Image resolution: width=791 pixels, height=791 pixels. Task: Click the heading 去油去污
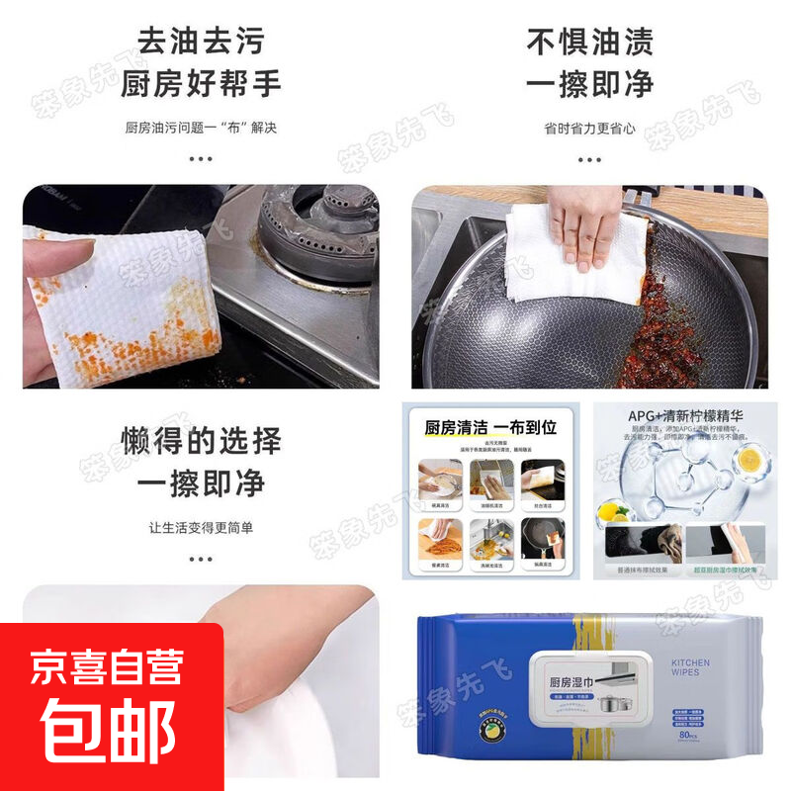click(201, 43)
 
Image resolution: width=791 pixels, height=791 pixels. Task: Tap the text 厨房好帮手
click(201, 84)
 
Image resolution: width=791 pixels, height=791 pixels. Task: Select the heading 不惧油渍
click(589, 43)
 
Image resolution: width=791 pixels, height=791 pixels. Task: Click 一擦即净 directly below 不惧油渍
click(589, 84)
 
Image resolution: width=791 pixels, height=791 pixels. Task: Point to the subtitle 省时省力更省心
click(589, 129)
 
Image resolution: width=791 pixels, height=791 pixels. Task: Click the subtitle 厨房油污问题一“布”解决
click(201, 129)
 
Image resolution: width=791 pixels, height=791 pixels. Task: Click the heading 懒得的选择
click(201, 440)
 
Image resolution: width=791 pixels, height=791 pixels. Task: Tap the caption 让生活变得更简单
click(201, 528)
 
